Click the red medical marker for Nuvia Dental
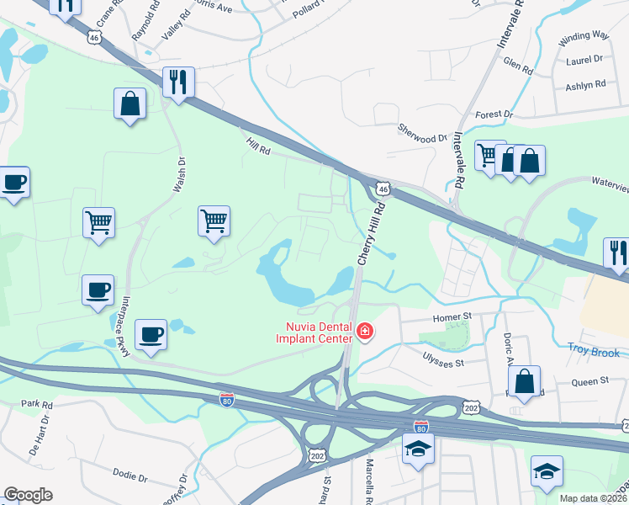(365, 332)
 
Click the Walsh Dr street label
(179, 173)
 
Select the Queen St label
(589, 381)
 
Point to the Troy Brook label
(594, 352)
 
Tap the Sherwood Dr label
(422, 138)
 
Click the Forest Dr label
(494, 114)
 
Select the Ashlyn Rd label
(586, 84)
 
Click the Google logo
(28, 495)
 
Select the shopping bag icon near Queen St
(524, 380)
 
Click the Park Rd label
(37, 405)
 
